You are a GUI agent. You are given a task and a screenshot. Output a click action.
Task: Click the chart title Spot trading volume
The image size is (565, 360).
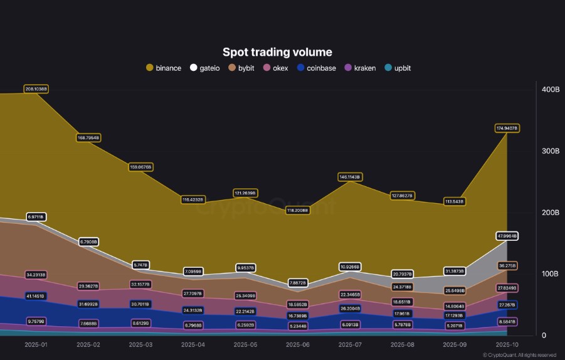pyautogui.click(x=277, y=52)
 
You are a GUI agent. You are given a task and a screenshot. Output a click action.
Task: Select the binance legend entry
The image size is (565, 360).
pyautogui.click(x=164, y=68)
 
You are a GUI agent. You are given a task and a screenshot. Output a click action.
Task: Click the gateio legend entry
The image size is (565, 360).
pyautogui.click(x=204, y=68)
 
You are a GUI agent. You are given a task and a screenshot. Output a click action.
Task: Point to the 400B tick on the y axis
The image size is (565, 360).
pyautogui.click(x=550, y=90)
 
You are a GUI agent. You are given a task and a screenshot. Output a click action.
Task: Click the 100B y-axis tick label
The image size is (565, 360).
pyautogui.click(x=550, y=274)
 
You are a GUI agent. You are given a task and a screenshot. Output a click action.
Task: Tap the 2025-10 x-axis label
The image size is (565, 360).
pyautogui.click(x=507, y=345)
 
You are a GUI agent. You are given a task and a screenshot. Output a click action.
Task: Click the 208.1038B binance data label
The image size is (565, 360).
pyautogui.click(x=36, y=89)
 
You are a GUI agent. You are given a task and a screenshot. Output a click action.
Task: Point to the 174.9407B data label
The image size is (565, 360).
pyautogui.click(x=507, y=128)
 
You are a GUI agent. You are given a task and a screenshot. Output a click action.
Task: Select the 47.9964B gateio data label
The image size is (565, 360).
pyautogui.click(x=507, y=236)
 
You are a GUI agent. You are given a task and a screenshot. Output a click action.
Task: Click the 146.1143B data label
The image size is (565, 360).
pyautogui.click(x=349, y=177)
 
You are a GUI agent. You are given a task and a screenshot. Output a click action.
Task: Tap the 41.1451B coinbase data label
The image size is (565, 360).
pyautogui.click(x=36, y=295)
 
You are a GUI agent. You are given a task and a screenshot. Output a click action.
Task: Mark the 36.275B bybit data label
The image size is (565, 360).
pyautogui.click(x=507, y=265)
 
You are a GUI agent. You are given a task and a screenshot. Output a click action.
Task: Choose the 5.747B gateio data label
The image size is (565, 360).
pyautogui.click(x=140, y=265)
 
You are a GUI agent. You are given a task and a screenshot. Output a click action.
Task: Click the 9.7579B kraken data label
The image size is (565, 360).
pyautogui.click(x=36, y=321)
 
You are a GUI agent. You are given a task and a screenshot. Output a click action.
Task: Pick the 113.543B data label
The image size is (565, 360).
pyautogui.click(x=454, y=201)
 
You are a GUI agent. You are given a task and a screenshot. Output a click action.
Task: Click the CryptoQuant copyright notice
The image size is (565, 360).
pyautogui.click(x=519, y=355)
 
